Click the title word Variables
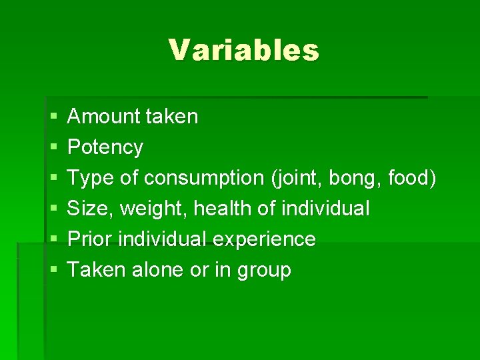pos(243,50)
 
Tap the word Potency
pos(105,147)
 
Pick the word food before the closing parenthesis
pos(410,178)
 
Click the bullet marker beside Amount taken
pos(53,117)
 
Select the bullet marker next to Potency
pos(53,147)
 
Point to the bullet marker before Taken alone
pos(53,270)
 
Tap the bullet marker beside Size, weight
pos(53,209)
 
